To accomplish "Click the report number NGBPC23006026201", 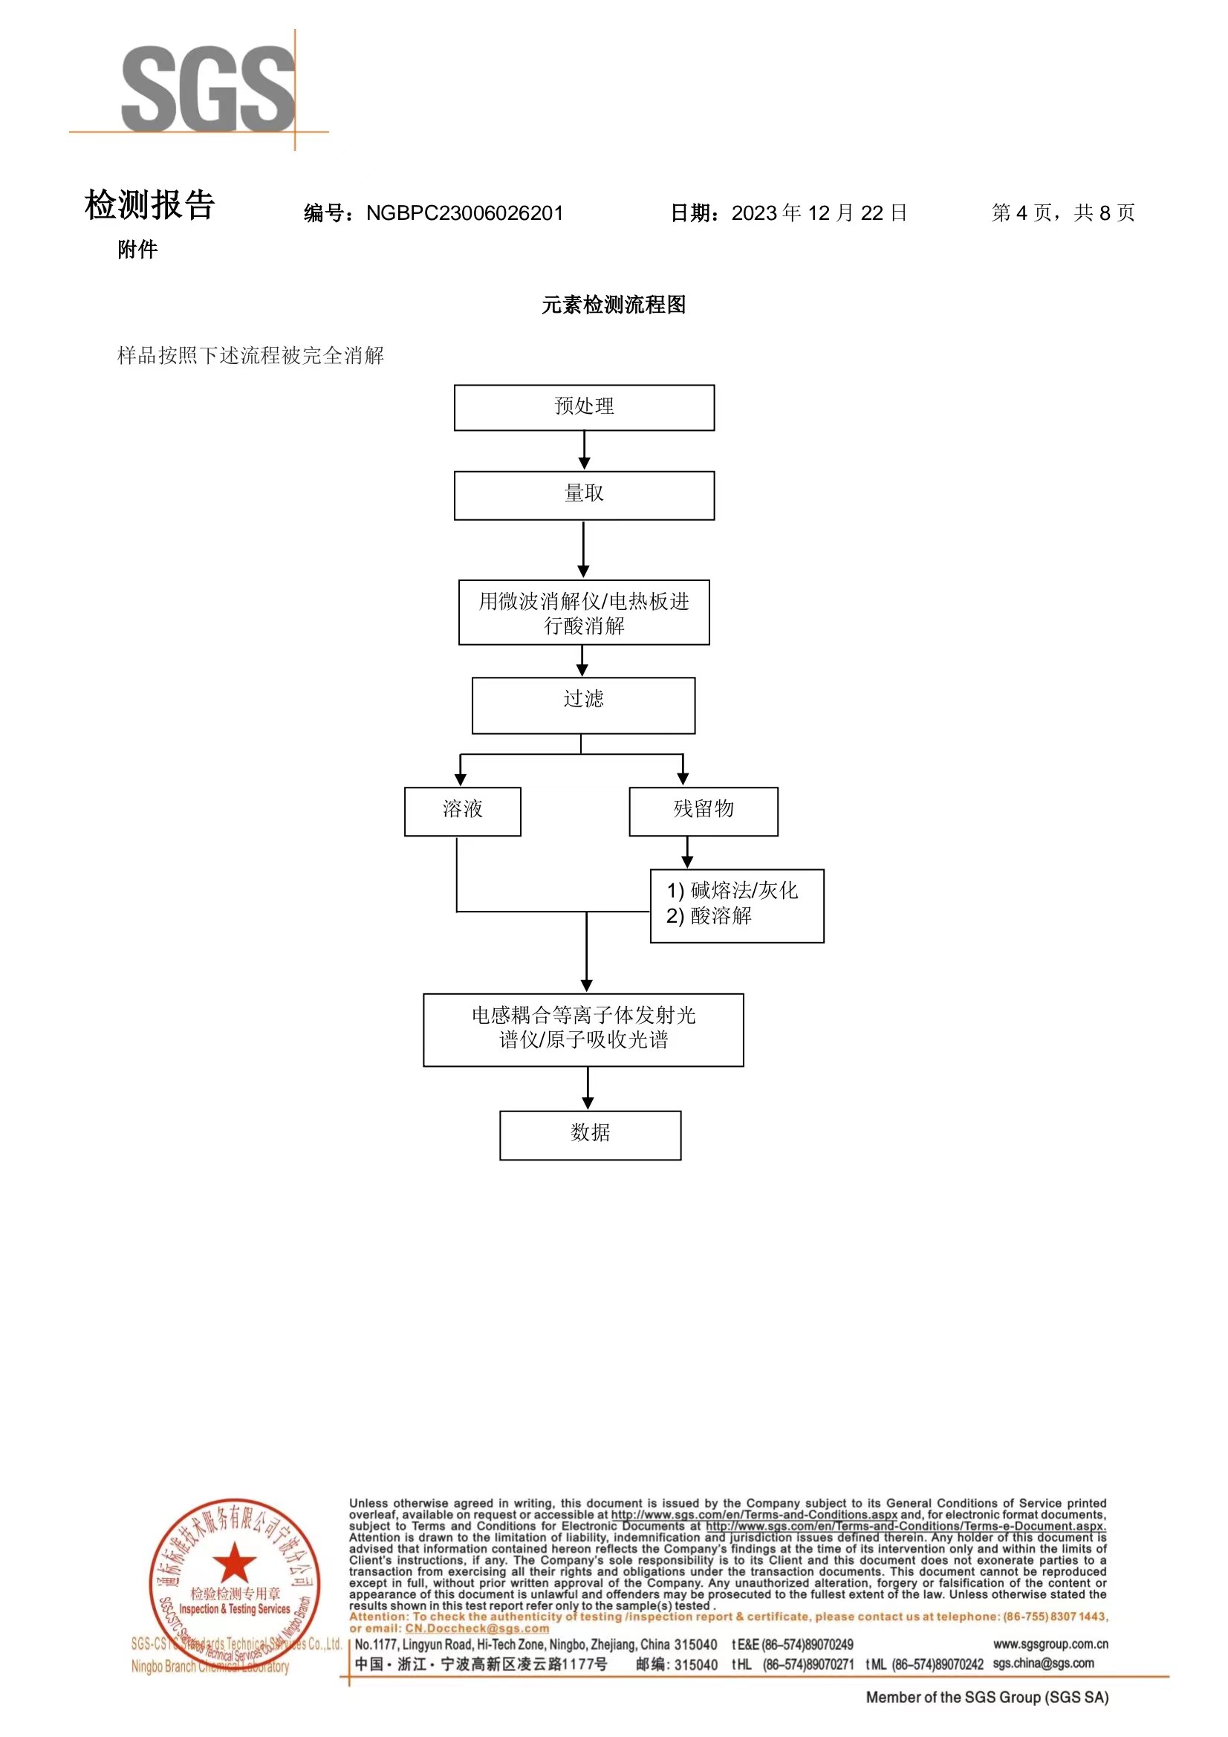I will [464, 213].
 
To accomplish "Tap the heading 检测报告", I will [150, 205].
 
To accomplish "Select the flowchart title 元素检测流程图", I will [614, 305].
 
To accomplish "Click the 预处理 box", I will [584, 408].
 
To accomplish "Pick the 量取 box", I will [584, 496].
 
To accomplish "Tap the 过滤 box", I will [583, 705].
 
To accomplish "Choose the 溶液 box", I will [462, 811].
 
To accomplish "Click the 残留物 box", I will [703, 811].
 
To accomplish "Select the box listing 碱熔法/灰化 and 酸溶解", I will [736, 906].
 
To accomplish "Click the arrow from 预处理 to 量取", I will [584, 451].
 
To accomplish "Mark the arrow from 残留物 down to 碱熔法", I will [687, 853].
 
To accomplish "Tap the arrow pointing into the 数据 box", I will [588, 1088].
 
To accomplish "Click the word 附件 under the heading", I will [137, 250].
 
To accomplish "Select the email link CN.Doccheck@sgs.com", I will [477, 1628].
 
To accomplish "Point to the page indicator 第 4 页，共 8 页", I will [1063, 213].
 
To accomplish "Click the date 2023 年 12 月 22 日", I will [819, 213].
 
